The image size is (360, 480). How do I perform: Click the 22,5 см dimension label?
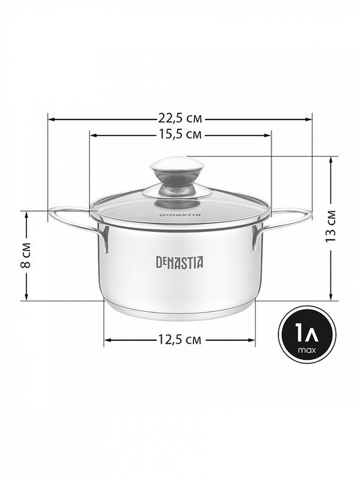click(x=180, y=118)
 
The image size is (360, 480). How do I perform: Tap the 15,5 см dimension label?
click(x=180, y=134)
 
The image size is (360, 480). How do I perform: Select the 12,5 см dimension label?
click(x=180, y=339)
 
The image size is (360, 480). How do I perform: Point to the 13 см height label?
click(x=330, y=226)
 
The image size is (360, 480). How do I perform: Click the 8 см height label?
click(x=26, y=255)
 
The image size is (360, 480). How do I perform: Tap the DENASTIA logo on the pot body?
click(x=179, y=263)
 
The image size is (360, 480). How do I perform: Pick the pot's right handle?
click(x=282, y=226)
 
